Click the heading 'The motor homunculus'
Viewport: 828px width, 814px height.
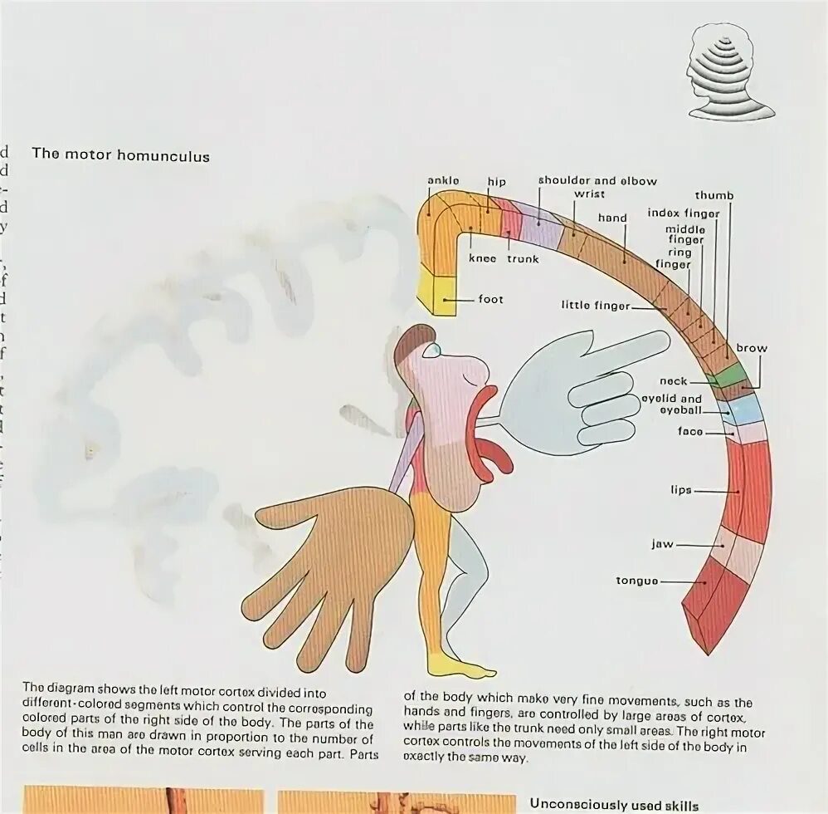coord(120,155)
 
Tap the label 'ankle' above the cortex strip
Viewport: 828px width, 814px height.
coord(443,180)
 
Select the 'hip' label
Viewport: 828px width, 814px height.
coord(496,182)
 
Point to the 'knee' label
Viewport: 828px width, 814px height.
coord(482,258)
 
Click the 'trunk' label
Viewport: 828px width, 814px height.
coord(523,258)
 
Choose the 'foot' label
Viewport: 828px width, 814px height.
coord(490,299)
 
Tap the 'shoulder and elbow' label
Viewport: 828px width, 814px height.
coord(597,180)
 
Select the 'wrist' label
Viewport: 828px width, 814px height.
coord(589,194)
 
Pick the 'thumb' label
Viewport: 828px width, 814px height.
coord(714,195)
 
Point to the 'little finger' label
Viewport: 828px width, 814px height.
coord(595,306)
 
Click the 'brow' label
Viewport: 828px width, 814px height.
coord(751,348)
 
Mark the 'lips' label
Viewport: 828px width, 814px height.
coord(681,490)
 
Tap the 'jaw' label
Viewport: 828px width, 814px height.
coord(662,545)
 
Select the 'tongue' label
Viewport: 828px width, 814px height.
coord(636,581)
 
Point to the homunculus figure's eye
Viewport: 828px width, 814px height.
coord(431,351)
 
